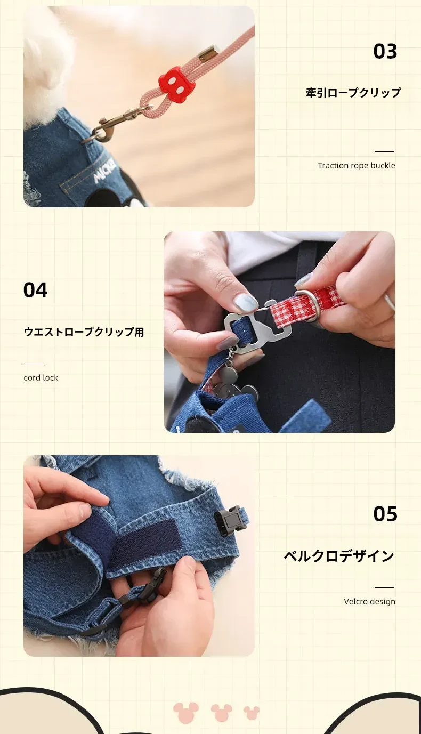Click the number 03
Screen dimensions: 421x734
[x=385, y=52]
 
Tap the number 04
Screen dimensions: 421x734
[x=35, y=290]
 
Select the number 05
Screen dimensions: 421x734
[x=385, y=514]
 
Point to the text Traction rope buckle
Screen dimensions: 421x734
[x=356, y=165]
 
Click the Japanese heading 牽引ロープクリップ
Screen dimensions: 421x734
[x=353, y=93]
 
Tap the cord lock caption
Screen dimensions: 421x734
[x=41, y=377]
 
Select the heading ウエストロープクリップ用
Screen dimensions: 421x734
[x=84, y=332]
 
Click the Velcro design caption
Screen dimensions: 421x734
[x=369, y=602]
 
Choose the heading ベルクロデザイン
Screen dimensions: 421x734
[x=339, y=556]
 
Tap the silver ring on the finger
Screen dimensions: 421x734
[x=390, y=302]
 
